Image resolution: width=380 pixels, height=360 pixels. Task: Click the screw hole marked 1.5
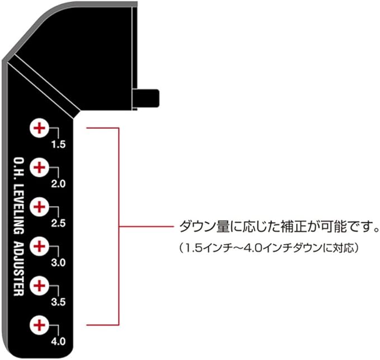coord(39,128)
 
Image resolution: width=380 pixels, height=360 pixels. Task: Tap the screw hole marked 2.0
coord(39,167)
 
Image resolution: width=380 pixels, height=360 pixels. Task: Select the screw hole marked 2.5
coord(39,207)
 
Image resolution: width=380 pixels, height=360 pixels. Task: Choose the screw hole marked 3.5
coord(39,285)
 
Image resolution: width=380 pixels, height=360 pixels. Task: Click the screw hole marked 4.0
coord(39,324)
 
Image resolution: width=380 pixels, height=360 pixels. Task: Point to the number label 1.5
coord(58,144)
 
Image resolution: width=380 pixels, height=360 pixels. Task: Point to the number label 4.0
coord(58,340)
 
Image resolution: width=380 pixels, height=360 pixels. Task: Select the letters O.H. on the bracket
coord(16,165)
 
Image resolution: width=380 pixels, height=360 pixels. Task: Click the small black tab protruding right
coord(150,97)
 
